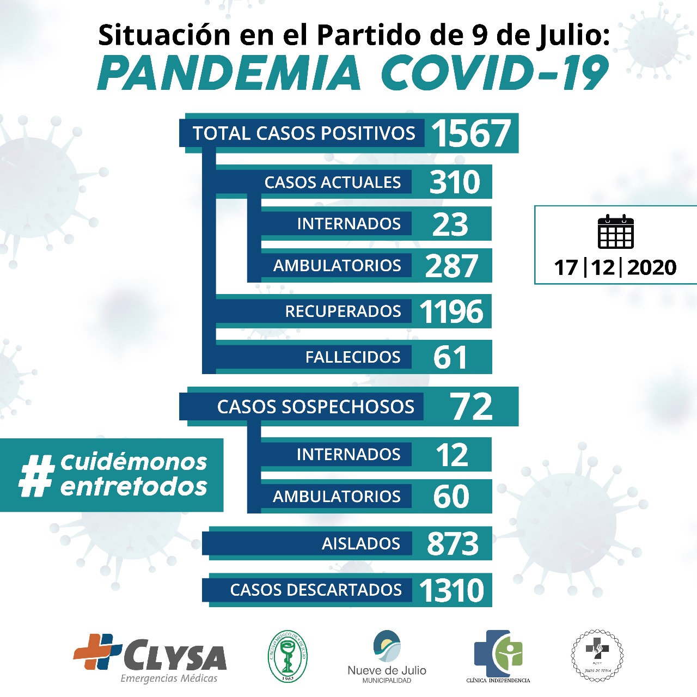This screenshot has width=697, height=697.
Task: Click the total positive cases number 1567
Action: tap(471, 133)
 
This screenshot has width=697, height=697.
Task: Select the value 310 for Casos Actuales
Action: tap(455, 182)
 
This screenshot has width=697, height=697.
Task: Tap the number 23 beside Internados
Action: tap(450, 224)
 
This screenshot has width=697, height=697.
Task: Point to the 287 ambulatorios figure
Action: tap(452, 266)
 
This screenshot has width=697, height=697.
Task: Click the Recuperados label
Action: tap(343, 311)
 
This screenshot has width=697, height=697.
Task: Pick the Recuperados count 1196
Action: tap(451, 311)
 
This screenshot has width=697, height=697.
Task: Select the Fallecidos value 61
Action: tap(450, 357)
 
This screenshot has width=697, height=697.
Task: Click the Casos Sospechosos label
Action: tap(315, 407)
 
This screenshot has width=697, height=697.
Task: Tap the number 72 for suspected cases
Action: tap(471, 407)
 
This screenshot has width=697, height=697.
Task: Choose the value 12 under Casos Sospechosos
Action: tap(451, 455)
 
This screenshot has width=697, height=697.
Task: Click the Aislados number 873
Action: tap(453, 543)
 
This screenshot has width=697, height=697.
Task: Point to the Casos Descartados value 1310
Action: tap(451, 590)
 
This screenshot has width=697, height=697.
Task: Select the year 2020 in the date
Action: tap(652, 267)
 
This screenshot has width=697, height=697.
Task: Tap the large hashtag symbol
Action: tap(37, 475)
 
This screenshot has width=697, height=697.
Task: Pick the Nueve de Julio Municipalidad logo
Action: tap(387, 656)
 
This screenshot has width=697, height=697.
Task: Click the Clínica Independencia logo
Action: tap(498, 656)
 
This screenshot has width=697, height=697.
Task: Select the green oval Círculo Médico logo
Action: tap(288, 656)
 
